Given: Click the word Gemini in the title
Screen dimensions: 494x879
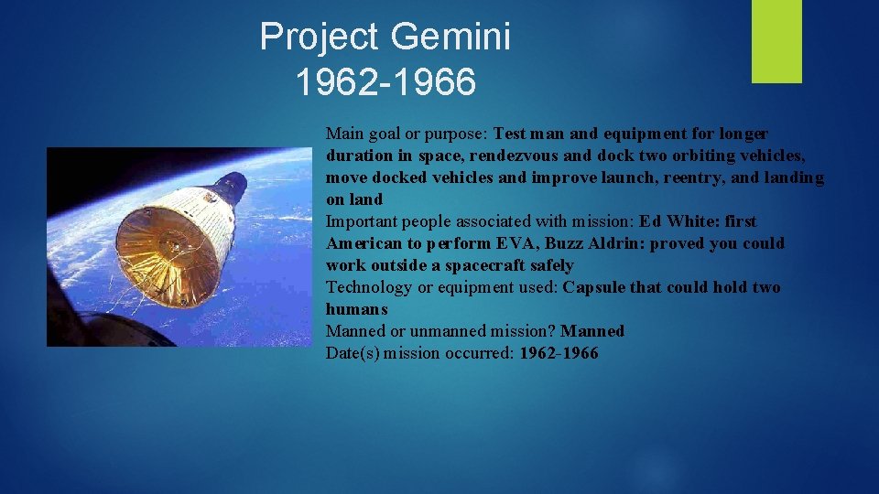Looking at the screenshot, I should coord(450,38).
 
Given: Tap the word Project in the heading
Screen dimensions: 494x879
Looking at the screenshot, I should coord(319,38).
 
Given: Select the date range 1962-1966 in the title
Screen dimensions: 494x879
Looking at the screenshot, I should coord(385,82).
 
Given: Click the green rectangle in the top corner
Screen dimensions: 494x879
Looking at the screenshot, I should coord(776,40).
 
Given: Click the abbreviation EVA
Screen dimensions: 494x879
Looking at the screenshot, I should coord(517,243).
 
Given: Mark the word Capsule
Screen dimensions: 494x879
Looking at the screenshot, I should coord(593,287).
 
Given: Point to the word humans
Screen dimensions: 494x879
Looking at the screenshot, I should coord(357,309).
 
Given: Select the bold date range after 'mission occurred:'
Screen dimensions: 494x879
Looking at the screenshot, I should coord(559,353).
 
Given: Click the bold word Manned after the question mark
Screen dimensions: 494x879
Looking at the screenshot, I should coord(592,331).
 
